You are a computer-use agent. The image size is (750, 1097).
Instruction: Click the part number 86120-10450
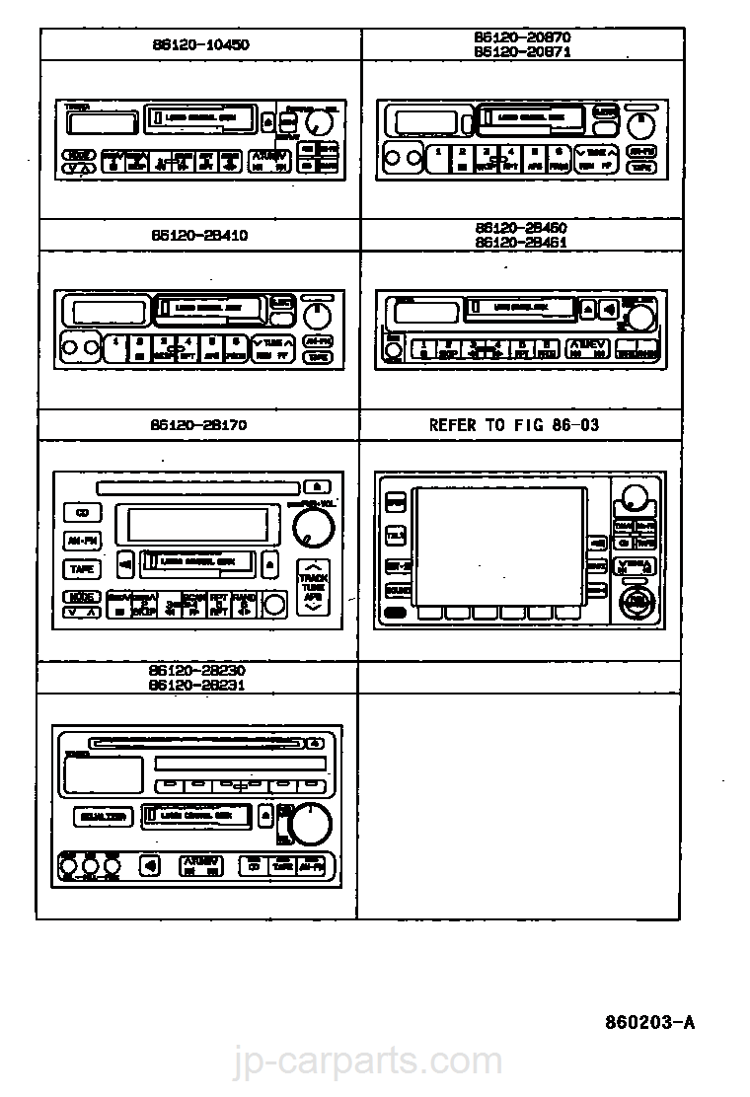[200, 44]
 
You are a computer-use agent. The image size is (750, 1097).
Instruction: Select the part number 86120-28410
[200, 236]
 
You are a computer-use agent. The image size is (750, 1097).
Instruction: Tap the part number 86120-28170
[200, 425]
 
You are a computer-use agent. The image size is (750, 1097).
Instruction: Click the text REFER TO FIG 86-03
[513, 425]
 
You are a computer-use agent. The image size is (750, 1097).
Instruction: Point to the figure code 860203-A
[649, 1022]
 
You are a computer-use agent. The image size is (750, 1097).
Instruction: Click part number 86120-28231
[197, 685]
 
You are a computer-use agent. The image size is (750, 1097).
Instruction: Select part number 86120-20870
[522, 37]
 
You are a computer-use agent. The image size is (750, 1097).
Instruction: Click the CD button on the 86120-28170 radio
[83, 513]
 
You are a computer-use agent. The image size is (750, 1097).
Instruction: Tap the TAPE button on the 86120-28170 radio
[83, 569]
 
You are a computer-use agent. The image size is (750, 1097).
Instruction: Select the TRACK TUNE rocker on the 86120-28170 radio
[314, 587]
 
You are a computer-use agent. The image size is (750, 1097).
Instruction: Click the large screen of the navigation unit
[499, 546]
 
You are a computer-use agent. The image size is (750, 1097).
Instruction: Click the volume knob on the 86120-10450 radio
[319, 122]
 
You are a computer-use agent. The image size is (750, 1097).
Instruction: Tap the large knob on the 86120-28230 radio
[311, 823]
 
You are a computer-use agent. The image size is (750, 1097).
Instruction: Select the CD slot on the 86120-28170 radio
[197, 486]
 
